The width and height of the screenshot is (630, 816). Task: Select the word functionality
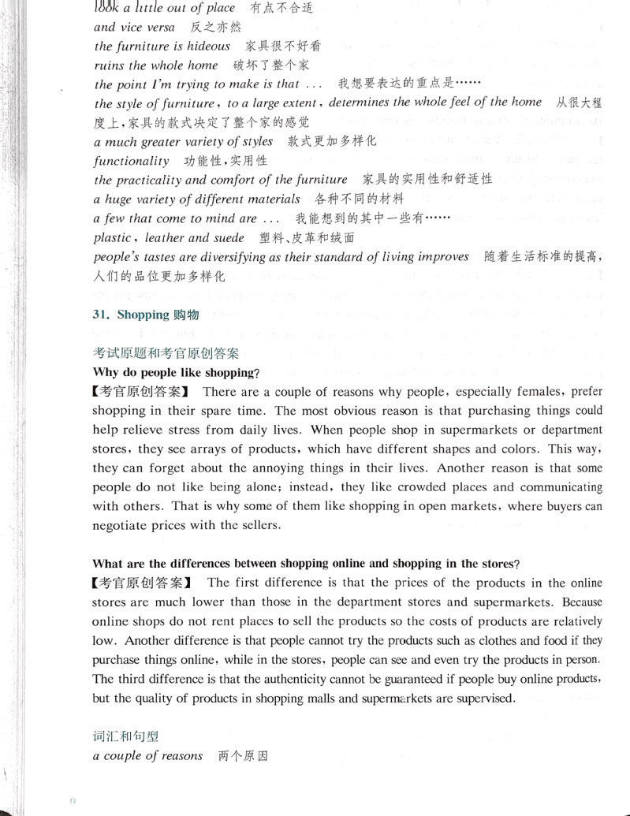[x=131, y=161]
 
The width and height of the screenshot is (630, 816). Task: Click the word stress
[x=189, y=430]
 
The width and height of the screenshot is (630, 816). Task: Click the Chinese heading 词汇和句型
[x=125, y=736]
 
